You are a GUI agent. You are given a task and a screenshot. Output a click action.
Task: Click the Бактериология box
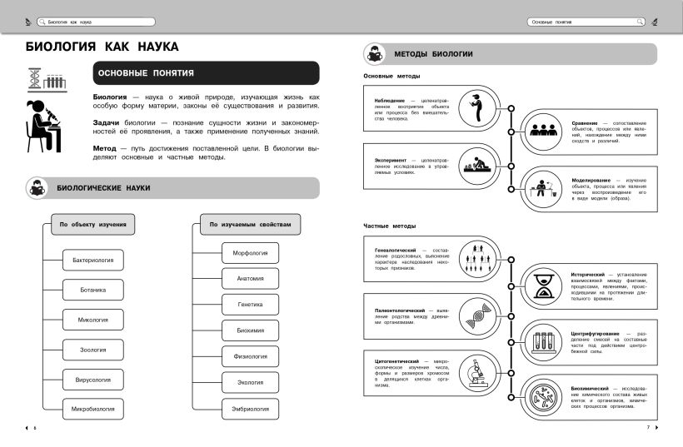92,261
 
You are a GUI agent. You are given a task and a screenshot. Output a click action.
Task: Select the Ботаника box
92,290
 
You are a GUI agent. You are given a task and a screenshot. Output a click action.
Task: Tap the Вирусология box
92,380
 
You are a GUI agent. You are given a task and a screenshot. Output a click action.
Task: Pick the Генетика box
251,304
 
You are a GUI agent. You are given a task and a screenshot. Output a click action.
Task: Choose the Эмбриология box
251,409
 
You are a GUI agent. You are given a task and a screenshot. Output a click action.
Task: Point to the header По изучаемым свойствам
251,224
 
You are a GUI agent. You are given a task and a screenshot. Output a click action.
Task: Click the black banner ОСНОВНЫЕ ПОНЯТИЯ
206,73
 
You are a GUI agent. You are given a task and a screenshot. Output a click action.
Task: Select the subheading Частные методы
390,226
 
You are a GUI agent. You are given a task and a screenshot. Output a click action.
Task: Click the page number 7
647,428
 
